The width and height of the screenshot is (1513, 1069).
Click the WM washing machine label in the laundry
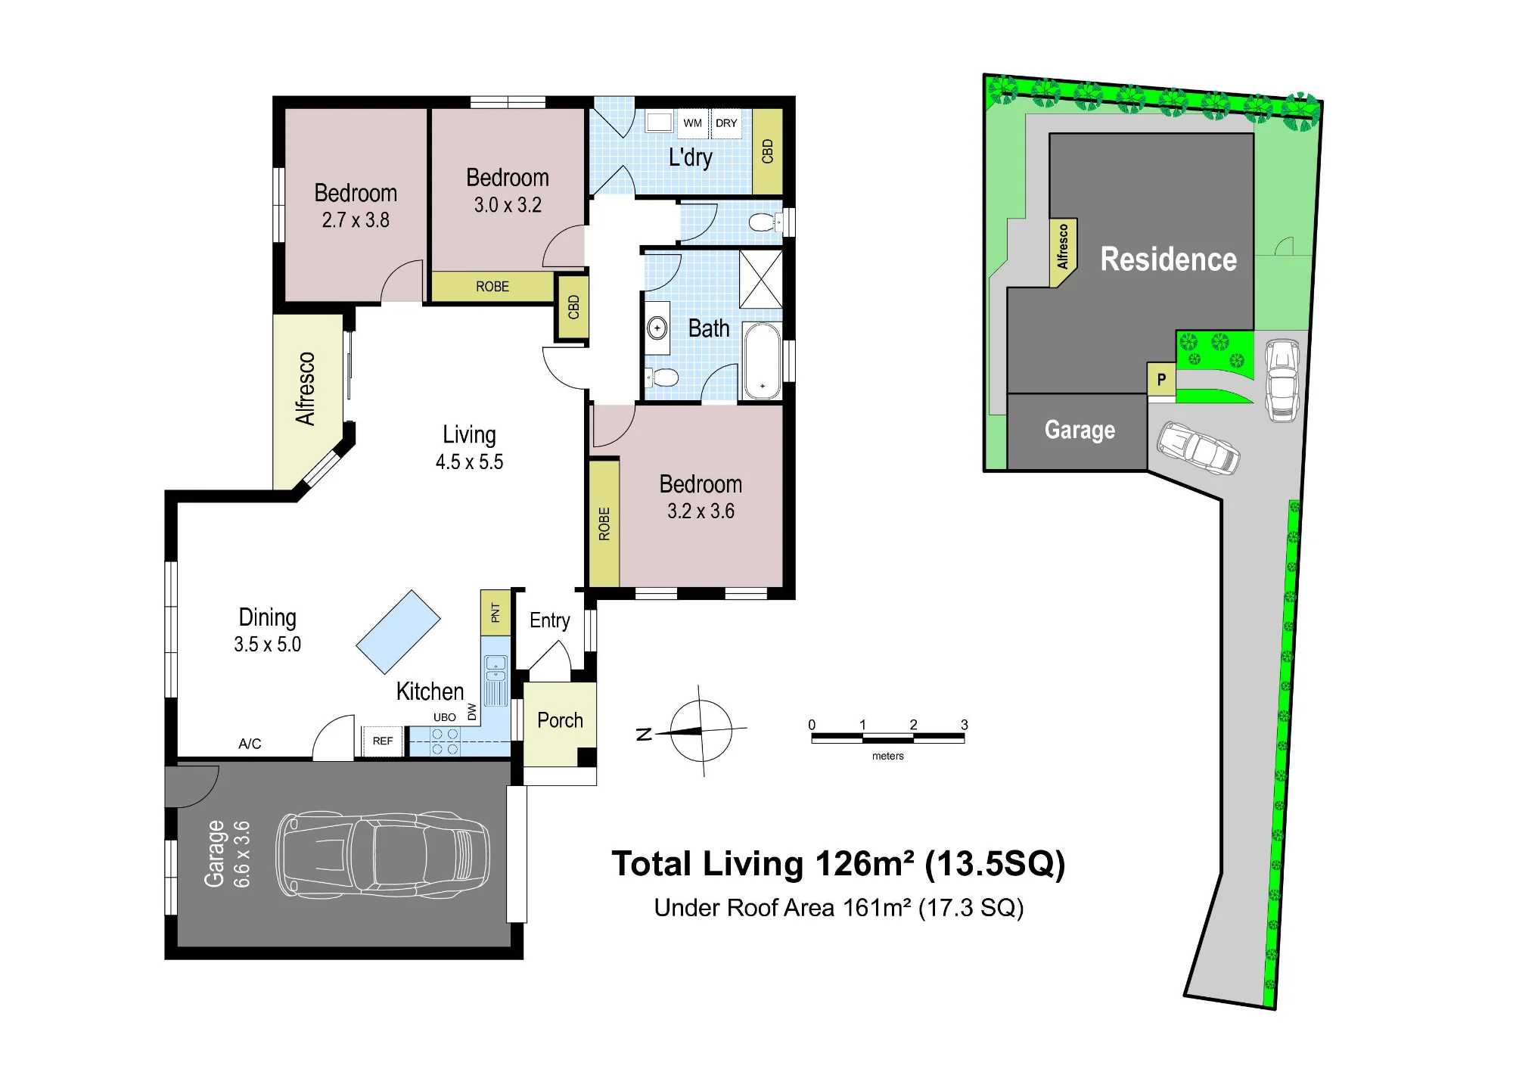pyautogui.click(x=692, y=123)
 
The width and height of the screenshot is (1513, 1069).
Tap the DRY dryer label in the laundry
pyautogui.click(x=726, y=123)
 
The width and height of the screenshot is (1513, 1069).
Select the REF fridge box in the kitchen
pyautogui.click(x=383, y=741)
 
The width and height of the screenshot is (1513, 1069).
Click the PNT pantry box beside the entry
pyautogui.click(x=496, y=612)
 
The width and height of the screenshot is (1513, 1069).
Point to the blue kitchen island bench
pyautogui.click(x=398, y=632)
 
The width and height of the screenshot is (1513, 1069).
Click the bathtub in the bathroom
pyautogui.click(x=762, y=361)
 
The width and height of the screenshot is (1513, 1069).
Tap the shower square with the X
pyautogui.click(x=760, y=279)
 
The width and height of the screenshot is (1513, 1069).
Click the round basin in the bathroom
pyautogui.click(x=657, y=328)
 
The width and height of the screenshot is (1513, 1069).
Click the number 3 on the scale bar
pyautogui.click(x=965, y=725)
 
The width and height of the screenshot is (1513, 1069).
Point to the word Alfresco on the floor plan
pyautogui.click(x=305, y=389)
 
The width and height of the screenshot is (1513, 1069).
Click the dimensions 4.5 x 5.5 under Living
pyautogui.click(x=469, y=462)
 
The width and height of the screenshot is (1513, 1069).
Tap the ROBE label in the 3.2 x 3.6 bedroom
pyautogui.click(x=604, y=524)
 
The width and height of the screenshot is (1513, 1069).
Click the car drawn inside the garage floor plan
pyautogui.click(x=383, y=855)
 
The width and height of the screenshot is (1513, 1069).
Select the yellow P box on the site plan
pyautogui.click(x=1161, y=380)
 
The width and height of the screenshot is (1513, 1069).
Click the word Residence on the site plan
pyautogui.click(x=1168, y=259)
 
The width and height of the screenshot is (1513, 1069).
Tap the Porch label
pyautogui.click(x=560, y=720)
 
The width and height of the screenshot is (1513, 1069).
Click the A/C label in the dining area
pyautogui.click(x=250, y=744)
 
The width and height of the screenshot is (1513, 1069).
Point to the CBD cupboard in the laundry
pyautogui.click(x=767, y=151)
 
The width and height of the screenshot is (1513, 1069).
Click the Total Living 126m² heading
pyautogui.click(x=838, y=864)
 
